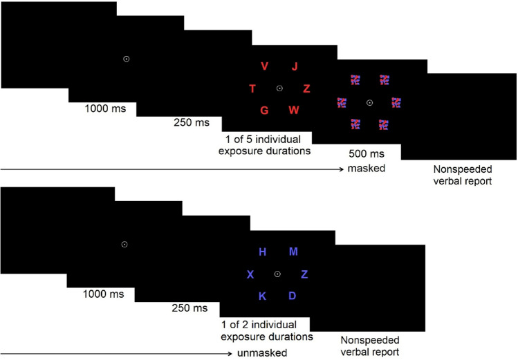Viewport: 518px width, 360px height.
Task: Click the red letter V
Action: point(265,66)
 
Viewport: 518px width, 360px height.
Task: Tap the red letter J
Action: point(295,66)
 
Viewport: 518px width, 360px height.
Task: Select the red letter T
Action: point(252,88)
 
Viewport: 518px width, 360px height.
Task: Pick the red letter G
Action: point(264,111)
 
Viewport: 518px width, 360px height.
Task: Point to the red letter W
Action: point(294,111)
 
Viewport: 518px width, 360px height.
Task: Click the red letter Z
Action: point(307,88)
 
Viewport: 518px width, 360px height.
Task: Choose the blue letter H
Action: point(262,252)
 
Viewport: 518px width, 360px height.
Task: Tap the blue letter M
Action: point(293,252)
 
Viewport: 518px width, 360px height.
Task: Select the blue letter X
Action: point(250,274)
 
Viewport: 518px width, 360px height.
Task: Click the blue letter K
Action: point(262,296)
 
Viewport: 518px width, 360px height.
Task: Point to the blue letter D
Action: point(293,296)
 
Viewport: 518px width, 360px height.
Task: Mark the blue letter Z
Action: point(305,274)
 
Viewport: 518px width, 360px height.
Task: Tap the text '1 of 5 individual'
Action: point(266,139)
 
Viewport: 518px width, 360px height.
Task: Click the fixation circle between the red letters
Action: point(279,88)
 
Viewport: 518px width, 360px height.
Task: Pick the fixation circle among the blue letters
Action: point(277,274)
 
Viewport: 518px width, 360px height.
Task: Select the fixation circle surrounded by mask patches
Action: point(369,102)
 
